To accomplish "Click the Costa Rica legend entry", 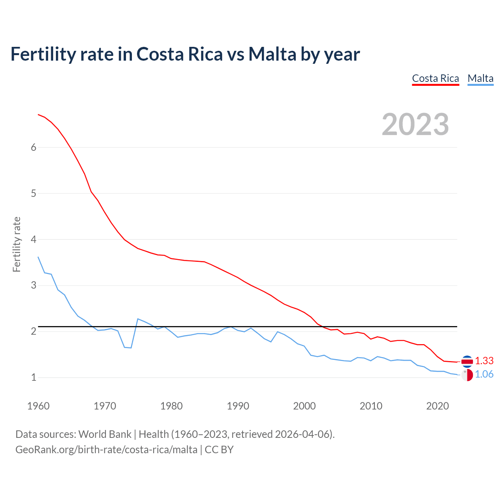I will (x=435, y=78).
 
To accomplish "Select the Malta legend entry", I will (x=480, y=78).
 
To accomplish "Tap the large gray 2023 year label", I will (x=415, y=124).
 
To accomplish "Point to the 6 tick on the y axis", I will (x=33, y=147).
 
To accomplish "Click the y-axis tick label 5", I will (x=33, y=193).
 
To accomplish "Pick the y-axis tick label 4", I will (x=33, y=239).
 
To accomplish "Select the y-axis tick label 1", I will (x=33, y=377).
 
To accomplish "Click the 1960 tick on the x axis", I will (x=38, y=406).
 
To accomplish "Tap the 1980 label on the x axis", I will (x=171, y=406).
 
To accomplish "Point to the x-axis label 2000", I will (x=304, y=406).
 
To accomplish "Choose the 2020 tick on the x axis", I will (x=437, y=406).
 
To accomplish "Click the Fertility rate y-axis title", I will (x=17, y=244).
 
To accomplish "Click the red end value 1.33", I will (x=484, y=361).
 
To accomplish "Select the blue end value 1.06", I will (x=484, y=374).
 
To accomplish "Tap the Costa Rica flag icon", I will (x=467, y=361).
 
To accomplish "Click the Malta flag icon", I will (x=467, y=375).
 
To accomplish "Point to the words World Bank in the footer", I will (x=105, y=434).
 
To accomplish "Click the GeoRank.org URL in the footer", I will (x=106, y=449).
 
